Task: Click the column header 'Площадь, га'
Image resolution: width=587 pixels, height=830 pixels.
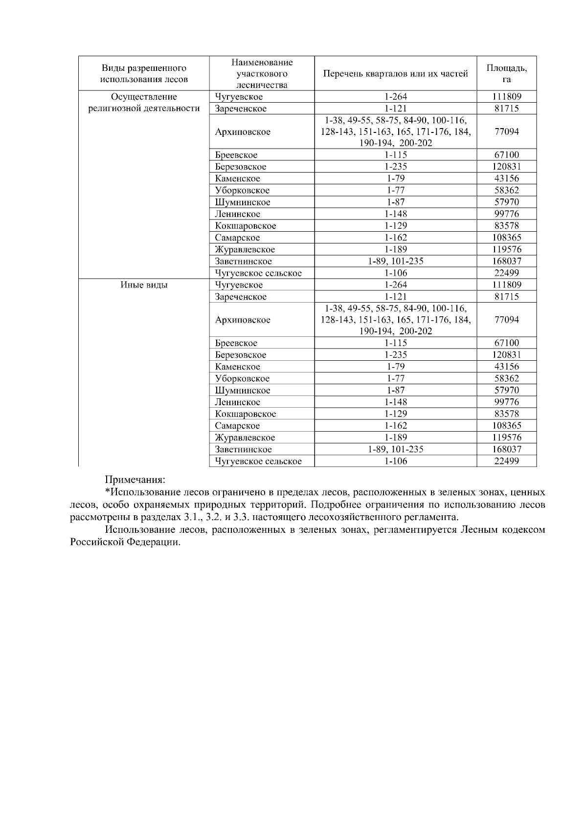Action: coord(506,73)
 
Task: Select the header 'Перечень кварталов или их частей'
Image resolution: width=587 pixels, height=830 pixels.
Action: coord(395,74)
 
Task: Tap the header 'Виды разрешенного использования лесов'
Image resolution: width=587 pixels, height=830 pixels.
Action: coord(144,74)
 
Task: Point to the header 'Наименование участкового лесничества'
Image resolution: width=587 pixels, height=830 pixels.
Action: coord(262,73)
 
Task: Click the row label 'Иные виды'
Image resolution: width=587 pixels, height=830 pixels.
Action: coord(144,285)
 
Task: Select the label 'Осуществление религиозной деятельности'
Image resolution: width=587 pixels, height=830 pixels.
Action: coord(144,103)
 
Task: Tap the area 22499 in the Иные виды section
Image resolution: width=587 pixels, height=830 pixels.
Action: coord(506,461)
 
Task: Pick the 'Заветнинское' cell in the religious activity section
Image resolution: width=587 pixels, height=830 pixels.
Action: coord(243,261)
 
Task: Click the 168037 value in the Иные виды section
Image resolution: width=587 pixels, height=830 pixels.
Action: coord(506,449)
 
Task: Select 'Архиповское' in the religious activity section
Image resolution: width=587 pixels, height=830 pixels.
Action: coord(243,132)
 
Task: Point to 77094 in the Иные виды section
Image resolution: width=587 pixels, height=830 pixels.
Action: coord(506,320)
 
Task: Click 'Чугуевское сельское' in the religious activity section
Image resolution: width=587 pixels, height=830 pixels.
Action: coord(258,273)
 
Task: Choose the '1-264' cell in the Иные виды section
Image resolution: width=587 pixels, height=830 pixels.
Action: coord(395,285)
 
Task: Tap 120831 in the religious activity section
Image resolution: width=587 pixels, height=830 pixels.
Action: coord(506,167)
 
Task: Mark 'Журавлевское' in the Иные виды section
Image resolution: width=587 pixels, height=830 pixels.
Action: coord(245,437)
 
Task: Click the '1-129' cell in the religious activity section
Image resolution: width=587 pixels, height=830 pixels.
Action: coord(395,226)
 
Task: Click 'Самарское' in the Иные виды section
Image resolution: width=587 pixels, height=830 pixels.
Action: coord(237,426)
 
